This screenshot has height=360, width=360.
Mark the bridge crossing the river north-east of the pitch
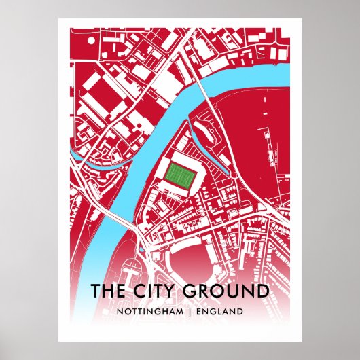click(206, 89)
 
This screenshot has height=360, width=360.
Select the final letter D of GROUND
click(261, 291)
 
